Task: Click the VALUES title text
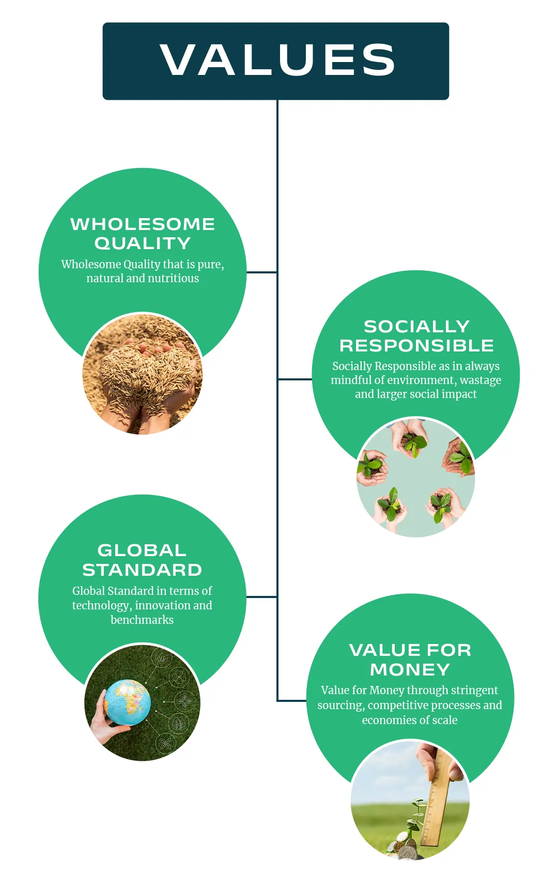pyautogui.click(x=277, y=60)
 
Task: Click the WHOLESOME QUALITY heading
pyautogui.click(x=143, y=233)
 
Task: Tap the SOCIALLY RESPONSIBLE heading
pyautogui.click(x=416, y=335)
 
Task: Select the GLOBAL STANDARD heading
pyautogui.click(x=142, y=560)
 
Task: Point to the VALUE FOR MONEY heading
pyautogui.click(x=410, y=660)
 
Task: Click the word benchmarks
pyautogui.click(x=142, y=620)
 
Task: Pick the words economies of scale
pyautogui.click(x=410, y=720)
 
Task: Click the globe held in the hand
pyautogui.click(x=128, y=702)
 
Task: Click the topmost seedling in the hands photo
pyautogui.click(x=413, y=442)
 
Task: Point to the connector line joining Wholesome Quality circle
pyautogui.click(x=261, y=272)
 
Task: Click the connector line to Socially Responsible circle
pyautogui.click(x=295, y=379)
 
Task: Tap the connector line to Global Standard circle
pyautogui.click(x=261, y=597)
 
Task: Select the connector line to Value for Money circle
pyautogui.click(x=292, y=700)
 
